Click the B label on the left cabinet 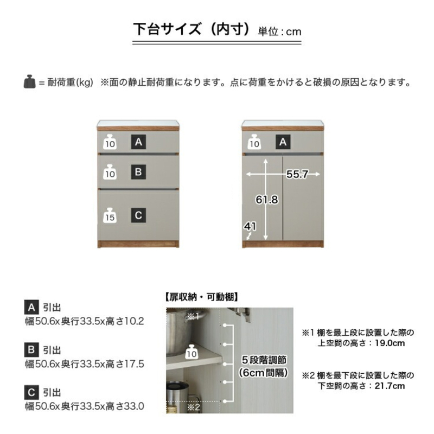pos(138,172)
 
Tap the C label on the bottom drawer pos(138,215)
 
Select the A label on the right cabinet pos(283,142)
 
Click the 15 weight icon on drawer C pos(110,215)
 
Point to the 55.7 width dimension pos(297,174)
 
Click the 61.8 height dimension pos(267,199)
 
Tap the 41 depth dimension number pos(250,226)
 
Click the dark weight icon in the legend pos(30,82)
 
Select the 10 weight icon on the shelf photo pos(192,352)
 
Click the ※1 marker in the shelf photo pos(193,316)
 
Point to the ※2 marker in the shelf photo pos(194,407)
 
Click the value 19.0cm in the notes pos(390,343)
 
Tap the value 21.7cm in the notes pos(390,386)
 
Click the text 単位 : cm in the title pos(279,31)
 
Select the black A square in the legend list pos(31,307)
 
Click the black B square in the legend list pos(31,350)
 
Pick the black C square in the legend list pos(31,392)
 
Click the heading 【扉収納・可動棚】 pos(201,297)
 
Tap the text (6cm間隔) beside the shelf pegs pos(264,373)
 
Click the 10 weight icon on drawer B pos(110,172)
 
